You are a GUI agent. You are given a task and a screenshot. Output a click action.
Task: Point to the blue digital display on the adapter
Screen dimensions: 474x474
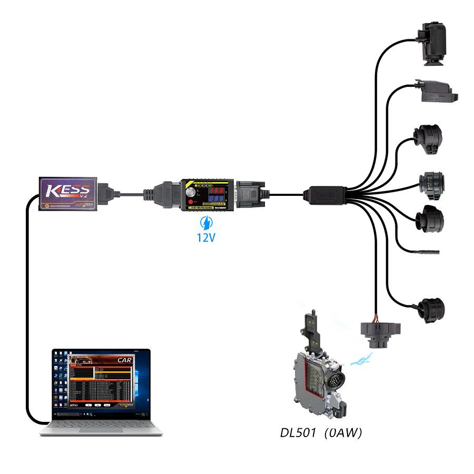click(217, 200)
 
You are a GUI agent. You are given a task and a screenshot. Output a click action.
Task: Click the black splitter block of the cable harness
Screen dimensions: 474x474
click(325, 194)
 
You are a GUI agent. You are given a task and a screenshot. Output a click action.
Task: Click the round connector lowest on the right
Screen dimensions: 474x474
click(431, 309)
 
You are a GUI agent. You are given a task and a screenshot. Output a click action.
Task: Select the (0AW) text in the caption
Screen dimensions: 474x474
click(343, 433)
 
